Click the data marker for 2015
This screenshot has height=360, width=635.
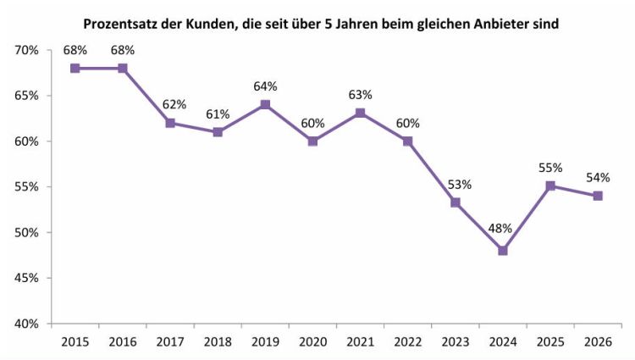click(75, 68)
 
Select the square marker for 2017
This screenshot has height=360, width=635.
click(170, 123)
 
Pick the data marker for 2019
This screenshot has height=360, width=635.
click(265, 105)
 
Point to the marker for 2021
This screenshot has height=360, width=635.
click(361, 113)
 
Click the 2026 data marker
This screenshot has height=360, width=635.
click(598, 196)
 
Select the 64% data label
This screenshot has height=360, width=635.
click(265, 86)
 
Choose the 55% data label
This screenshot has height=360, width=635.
click(550, 168)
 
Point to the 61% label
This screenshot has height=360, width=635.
click(218, 114)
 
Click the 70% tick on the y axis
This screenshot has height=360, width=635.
click(28, 50)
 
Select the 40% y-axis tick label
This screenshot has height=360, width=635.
click(28, 324)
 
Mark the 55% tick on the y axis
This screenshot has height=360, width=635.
click(28, 186)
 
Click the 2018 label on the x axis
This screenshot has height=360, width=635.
click(218, 341)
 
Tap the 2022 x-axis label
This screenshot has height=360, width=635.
click(408, 341)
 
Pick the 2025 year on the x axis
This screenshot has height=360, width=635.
click(550, 341)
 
